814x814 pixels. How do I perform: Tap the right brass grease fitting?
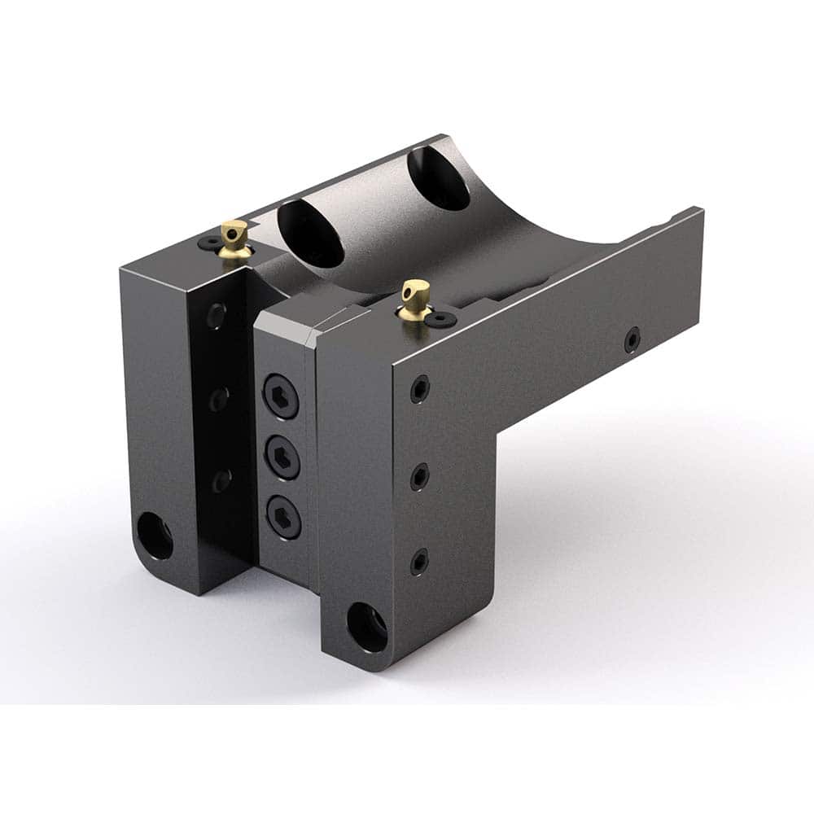pos(415,298)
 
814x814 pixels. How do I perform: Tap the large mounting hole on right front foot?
pos(367,626)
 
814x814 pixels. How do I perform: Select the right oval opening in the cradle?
pos(438,177)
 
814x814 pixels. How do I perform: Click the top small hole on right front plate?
pos(419,389)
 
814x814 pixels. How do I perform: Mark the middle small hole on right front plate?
pos(419,476)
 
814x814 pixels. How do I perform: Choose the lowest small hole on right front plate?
pos(419,561)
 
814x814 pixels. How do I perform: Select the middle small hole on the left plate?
pos(218,398)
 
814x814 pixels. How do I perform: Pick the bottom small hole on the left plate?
pos(221,480)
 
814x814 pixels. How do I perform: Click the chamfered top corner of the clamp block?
pos(316,331)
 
